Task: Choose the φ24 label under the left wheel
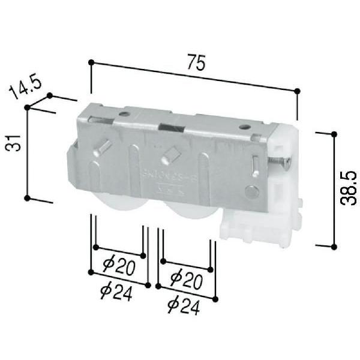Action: point(116,292)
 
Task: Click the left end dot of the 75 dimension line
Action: point(91,61)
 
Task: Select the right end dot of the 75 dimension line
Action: point(298,91)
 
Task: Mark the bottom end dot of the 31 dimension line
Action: point(27,197)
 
